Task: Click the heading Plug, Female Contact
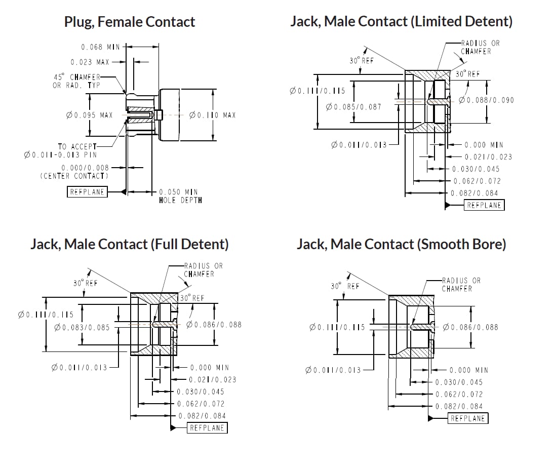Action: click(x=129, y=22)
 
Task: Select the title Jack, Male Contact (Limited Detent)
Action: click(x=401, y=21)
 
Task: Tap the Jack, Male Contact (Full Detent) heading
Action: click(x=129, y=244)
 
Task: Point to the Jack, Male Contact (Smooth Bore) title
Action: click(x=401, y=244)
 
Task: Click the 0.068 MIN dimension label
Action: click(x=100, y=47)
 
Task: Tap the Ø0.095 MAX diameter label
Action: click(x=89, y=115)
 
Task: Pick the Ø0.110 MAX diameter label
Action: click(x=212, y=115)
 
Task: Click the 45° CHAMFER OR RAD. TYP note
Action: click(x=77, y=81)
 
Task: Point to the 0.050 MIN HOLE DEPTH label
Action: click(x=180, y=196)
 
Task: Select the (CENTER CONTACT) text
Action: click(x=74, y=176)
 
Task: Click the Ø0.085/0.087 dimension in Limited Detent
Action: click(x=353, y=107)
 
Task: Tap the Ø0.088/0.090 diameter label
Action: click(x=486, y=100)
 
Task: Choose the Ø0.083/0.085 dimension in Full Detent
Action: click(x=82, y=327)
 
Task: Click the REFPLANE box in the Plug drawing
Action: click(x=88, y=192)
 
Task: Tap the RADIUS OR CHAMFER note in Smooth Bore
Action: click(x=461, y=284)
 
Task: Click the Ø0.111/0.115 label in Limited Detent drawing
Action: click(x=317, y=91)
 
